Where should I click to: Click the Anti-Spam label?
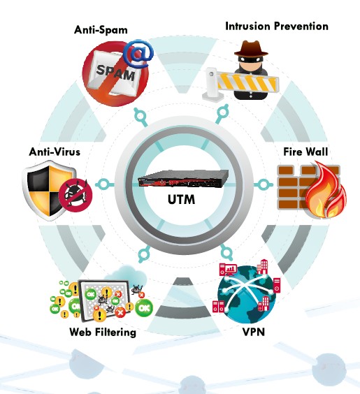pyautogui.click(x=101, y=30)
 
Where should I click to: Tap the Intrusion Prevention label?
pyautogui.click(x=277, y=26)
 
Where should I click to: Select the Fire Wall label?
pyautogui.click(x=305, y=152)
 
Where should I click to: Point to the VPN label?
pyautogui.click(x=254, y=332)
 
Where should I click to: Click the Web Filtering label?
pyautogui.click(x=103, y=333)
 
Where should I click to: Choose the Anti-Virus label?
pyautogui.click(x=55, y=152)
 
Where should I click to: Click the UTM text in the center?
pyautogui.click(x=181, y=200)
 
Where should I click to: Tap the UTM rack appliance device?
pyautogui.click(x=183, y=179)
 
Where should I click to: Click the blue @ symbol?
pyautogui.click(x=138, y=54)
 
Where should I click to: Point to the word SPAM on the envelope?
pyautogui.click(x=115, y=73)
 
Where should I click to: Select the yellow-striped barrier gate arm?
pyautogui.click(x=247, y=82)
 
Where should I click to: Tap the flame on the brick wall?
pyautogui.click(x=326, y=191)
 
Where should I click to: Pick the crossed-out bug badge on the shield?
pyautogui.click(x=75, y=195)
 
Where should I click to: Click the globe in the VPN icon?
pyautogui.click(x=247, y=295)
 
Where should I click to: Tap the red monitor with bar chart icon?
pyautogui.click(x=228, y=270)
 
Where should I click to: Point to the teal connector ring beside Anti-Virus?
pyautogui.click(x=103, y=184)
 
